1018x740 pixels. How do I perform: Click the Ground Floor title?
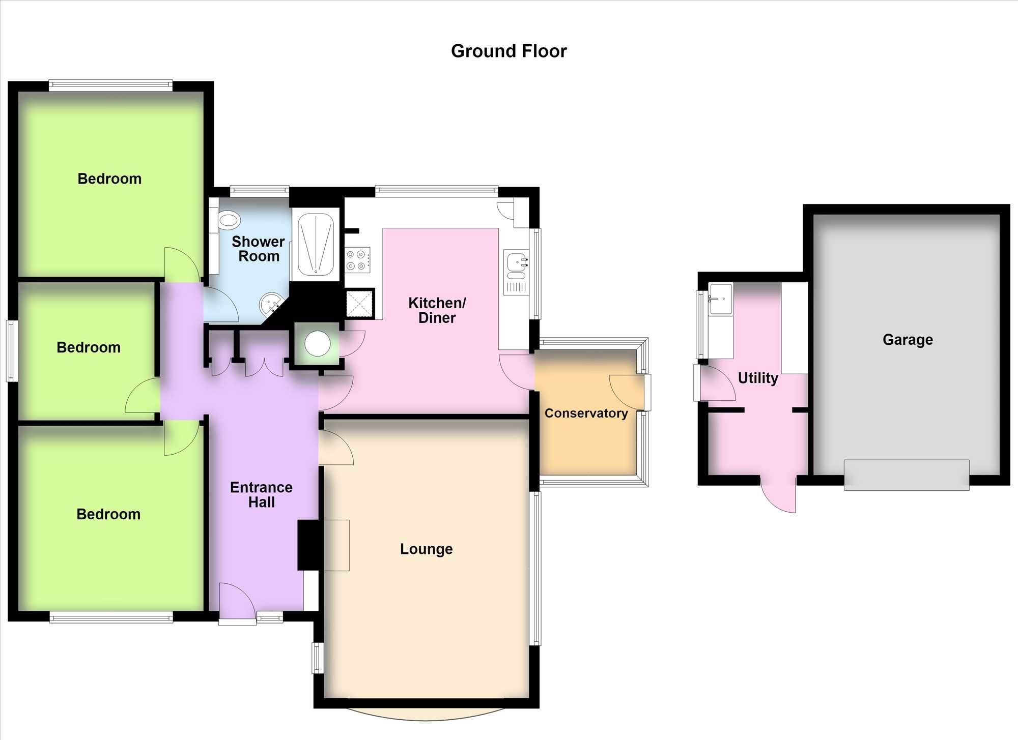pos(508,51)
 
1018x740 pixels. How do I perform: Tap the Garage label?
pos(908,339)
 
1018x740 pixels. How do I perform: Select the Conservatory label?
pos(586,413)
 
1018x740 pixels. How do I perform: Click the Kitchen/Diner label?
pos(437,310)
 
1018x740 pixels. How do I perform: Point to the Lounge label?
pos(426,549)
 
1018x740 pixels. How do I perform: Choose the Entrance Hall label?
pos(261,494)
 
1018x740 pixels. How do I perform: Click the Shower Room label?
pos(258,249)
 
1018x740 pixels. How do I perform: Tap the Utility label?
pos(758,378)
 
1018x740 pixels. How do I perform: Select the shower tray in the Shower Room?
pos(316,245)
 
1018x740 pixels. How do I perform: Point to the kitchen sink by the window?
pos(516,272)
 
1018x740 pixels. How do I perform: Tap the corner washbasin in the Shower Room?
pos(271,304)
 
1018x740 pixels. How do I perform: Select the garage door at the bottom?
pos(907,475)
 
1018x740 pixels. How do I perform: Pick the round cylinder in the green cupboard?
pos(318,344)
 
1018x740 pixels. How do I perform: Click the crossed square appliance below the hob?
pos(359,304)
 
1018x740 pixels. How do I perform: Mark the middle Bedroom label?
pos(89,347)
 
